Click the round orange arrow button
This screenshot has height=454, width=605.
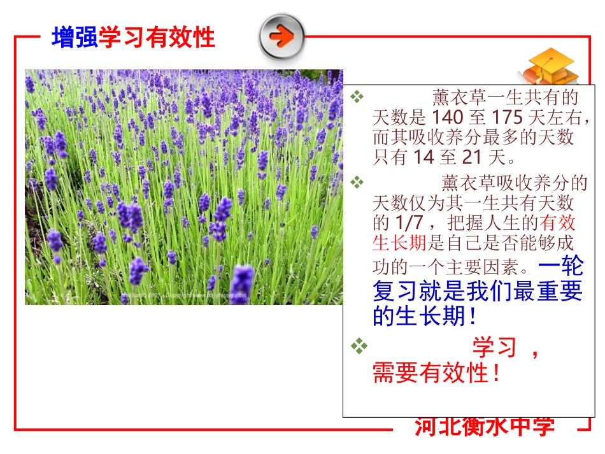281,36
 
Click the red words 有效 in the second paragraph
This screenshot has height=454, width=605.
558,223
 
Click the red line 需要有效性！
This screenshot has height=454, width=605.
437,373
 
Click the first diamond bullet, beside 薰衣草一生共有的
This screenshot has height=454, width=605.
357,97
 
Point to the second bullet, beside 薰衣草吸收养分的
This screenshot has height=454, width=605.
357,183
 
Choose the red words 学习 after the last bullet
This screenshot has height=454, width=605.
494,348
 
